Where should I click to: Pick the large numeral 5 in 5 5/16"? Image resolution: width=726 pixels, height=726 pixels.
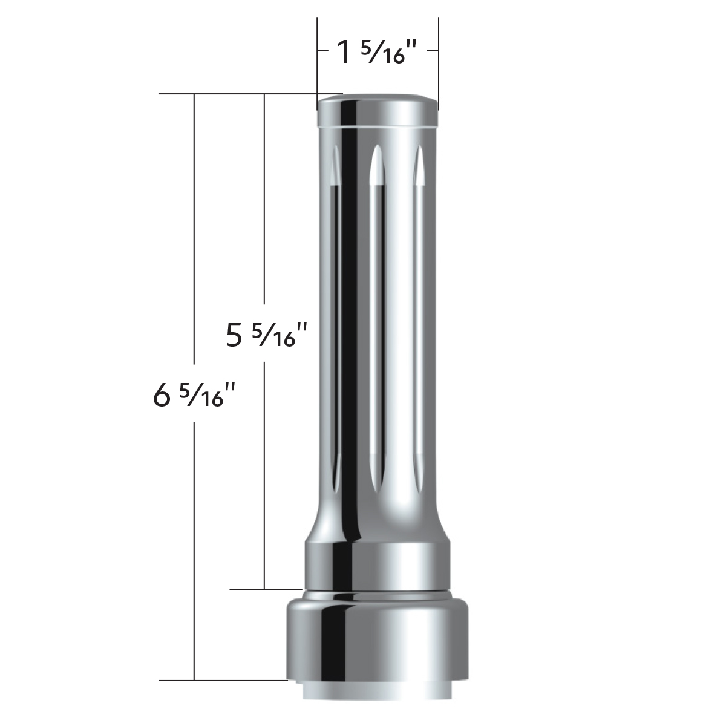point(234,335)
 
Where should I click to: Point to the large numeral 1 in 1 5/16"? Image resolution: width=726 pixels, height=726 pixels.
point(344,53)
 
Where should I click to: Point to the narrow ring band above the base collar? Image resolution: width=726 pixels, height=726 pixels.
point(378,566)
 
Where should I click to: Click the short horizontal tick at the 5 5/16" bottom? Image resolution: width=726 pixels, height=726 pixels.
point(266,588)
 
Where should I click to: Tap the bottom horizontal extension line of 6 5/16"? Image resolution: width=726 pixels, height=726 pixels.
point(224,680)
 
